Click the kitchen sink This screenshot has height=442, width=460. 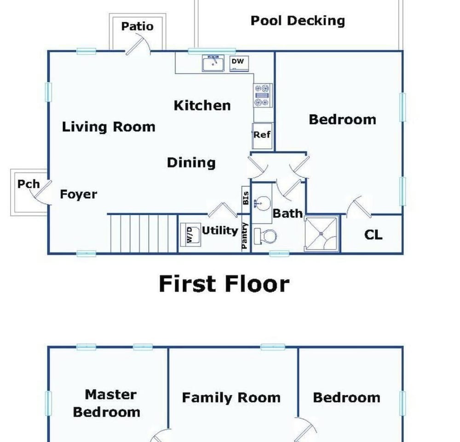tap(213, 63)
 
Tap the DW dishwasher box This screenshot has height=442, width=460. tap(239, 63)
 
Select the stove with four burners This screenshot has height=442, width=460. tap(263, 95)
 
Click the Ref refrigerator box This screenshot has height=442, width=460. tap(262, 136)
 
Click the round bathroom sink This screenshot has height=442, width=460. tap(262, 203)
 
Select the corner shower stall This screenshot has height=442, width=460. tap(322, 234)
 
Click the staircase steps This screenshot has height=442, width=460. tap(144, 233)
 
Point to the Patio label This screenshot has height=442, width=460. tap(137, 26)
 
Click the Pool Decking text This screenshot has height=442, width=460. tap(298, 21)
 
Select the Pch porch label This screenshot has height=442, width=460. tap(29, 184)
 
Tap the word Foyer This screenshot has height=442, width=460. tap(78, 194)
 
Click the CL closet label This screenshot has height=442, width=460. tap(373, 235)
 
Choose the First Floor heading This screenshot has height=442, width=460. tap(224, 284)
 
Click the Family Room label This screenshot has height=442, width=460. tap(231, 398)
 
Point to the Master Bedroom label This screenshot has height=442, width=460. tap(107, 403)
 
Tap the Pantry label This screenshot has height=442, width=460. tap(245, 236)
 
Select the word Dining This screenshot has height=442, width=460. tap(191, 163)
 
